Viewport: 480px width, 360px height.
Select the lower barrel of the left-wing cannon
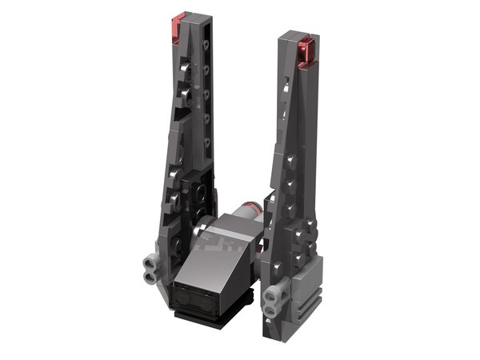[x=148, y=274]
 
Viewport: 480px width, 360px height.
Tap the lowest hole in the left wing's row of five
[x=206, y=139]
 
